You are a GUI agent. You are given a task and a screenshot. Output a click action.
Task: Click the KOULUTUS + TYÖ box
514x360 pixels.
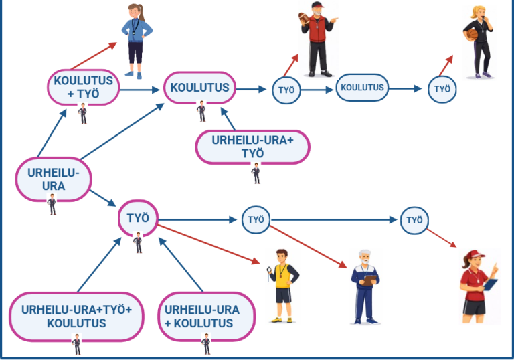point(84,87)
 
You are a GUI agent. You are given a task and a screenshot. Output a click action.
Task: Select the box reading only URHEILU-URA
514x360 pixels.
point(53,179)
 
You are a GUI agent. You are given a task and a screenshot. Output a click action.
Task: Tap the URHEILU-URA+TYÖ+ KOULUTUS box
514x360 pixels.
point(76,317)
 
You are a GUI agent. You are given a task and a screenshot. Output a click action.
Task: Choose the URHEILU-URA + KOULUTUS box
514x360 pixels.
point(201,317)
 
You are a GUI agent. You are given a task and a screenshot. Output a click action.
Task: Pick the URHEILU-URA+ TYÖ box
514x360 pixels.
point(252,147)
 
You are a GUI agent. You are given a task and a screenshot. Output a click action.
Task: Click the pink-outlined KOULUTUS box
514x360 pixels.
point(199,87)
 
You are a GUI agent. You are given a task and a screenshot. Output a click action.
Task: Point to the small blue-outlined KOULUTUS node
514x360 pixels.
point(362,87)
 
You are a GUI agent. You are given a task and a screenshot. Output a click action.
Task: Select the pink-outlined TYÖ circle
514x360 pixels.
point(137,217)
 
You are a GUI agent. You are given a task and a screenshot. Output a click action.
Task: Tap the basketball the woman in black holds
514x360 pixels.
point(473,34)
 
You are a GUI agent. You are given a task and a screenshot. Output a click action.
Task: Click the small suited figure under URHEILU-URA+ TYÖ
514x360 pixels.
point(256,173)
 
